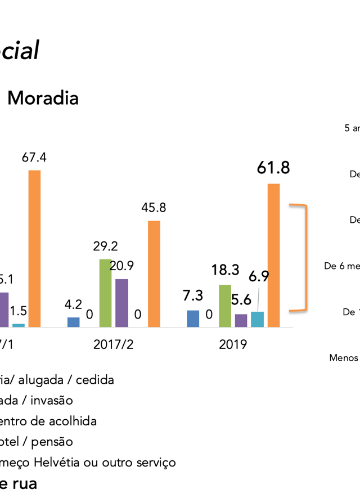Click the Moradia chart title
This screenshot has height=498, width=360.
[43, 98]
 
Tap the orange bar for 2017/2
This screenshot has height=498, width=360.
[154, 273]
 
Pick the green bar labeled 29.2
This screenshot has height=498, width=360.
[105, 293]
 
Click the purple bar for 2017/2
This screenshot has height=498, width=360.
[121, 303]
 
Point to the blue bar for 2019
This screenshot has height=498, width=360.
[193, 318]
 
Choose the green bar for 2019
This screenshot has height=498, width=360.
[225, 306]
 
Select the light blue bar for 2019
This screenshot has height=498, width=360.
[257, 319]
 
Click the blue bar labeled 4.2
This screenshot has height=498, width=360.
[73, 322]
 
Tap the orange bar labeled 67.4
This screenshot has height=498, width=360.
[34, 248]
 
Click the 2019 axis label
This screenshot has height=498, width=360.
[233, 344]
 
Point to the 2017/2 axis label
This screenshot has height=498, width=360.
[114, 344]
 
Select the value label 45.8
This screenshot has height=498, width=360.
[154, 208]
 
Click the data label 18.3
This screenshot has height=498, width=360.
[225, 270]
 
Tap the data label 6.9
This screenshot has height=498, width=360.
[259, 276]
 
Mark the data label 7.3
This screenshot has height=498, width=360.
[193, 295]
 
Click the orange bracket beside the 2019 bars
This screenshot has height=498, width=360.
[304, 257]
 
